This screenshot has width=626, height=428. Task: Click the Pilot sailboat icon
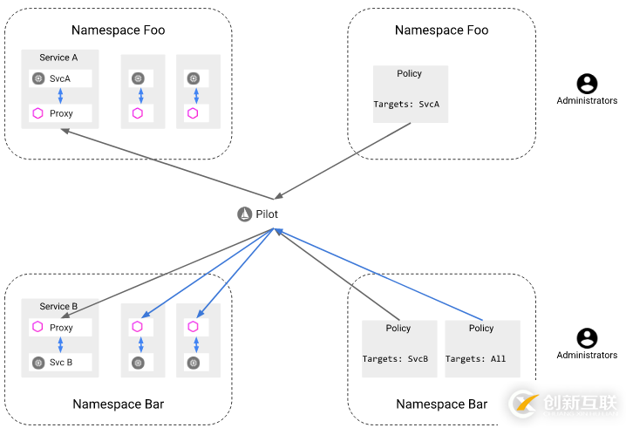click(x=244, y=214)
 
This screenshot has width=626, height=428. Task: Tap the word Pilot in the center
click(x=267, y=214)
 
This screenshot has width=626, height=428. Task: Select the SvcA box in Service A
click(x=60, y=78)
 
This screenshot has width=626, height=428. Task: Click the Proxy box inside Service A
click(x=60, y=113)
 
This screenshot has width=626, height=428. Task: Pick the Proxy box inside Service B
click(x=60, y=328)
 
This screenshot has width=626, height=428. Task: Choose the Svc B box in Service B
click(x=60, y=362)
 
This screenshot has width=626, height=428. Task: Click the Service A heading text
click(x=58, y=58)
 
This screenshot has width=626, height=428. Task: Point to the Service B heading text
click(x=58, y=307)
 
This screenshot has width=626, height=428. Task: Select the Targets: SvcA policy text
click(x=406, y=105)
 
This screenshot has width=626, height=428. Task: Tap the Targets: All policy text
click(x=476, y=359)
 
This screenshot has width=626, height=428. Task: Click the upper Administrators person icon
click(x=588, y=84)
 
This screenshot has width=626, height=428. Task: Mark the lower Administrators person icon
click(x=588, y=337)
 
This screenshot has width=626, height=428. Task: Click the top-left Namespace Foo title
click(x=118, y=30)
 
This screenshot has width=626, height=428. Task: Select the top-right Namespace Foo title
click(x=441, y=30)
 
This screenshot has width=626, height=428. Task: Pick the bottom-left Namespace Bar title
click(x=118, y=404)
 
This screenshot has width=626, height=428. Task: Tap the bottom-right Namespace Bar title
click(x=441, y=404)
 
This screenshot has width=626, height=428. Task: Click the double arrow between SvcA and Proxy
click(x=60, y=96)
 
